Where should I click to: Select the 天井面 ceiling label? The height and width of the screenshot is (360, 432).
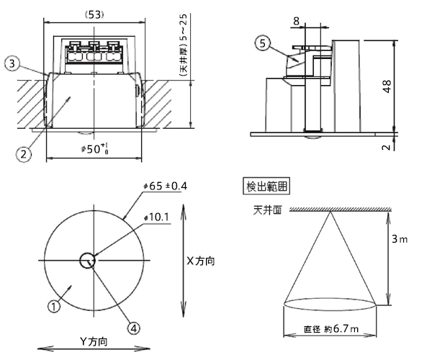264,210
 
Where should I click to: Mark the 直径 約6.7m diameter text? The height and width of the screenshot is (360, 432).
331,329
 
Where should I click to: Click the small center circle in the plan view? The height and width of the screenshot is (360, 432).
89,260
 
